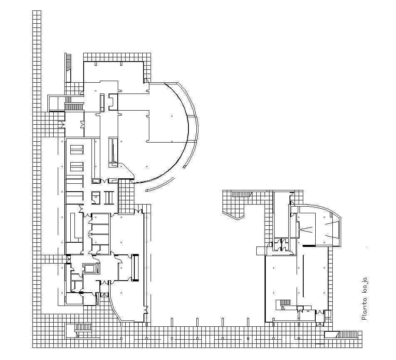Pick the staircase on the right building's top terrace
coord(242,194)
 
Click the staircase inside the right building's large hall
coord(286,302)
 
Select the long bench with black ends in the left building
coord(135,268)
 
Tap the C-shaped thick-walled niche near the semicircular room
coord(114,102)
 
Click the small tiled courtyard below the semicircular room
coord(126,196)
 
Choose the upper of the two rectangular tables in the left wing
coord(77,150)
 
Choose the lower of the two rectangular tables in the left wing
coord(77,167)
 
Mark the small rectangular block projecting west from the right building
coord(261,251)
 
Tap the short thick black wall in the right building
coord(309,245)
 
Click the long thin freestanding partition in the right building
coord(303,275)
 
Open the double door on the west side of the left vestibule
coord(62,124)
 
